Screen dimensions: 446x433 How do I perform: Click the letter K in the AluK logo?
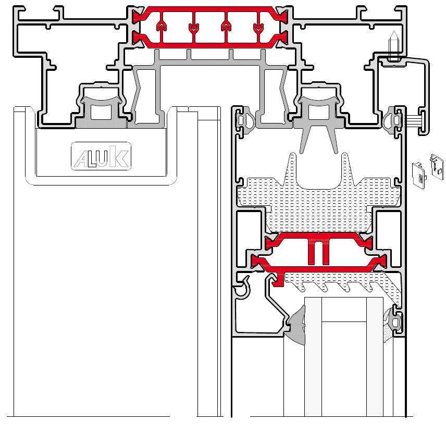coord(119,156)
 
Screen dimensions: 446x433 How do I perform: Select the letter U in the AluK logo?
coord(103,158)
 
